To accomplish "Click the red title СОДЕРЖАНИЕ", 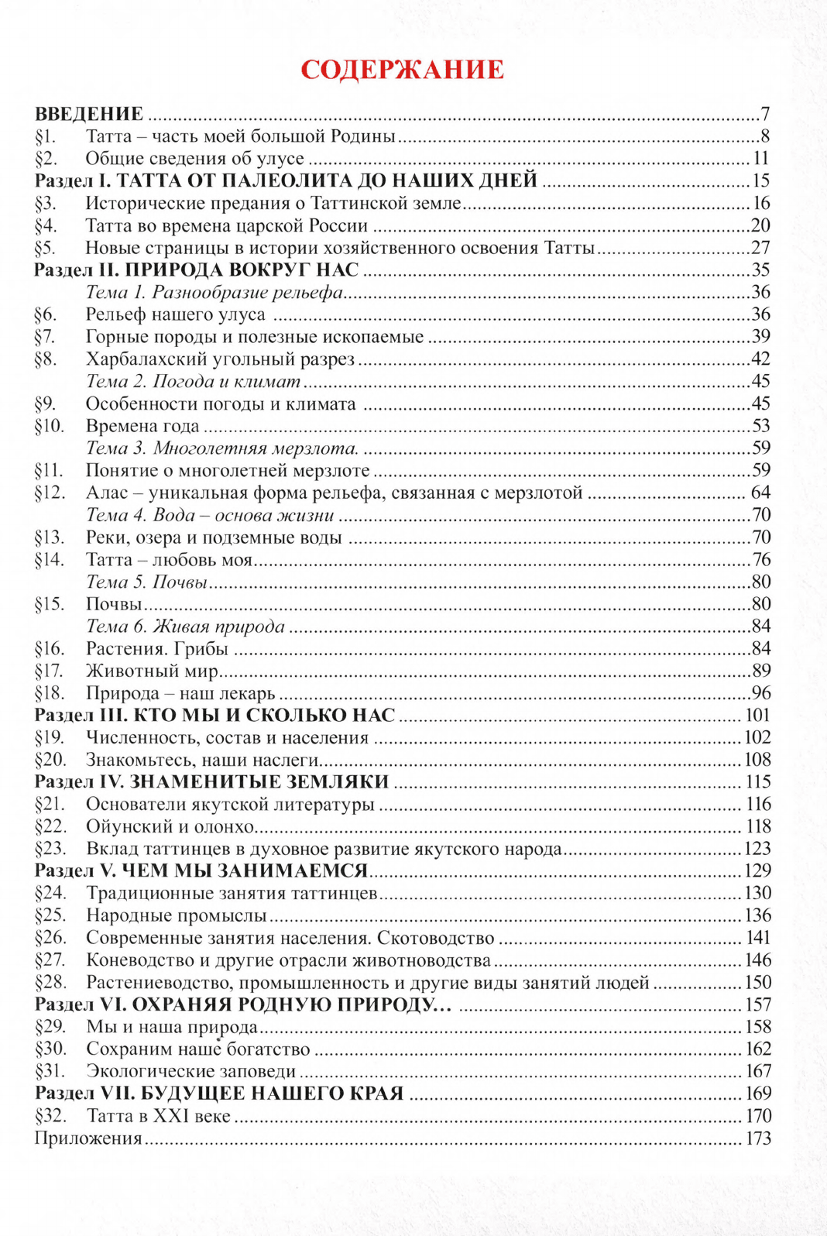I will coord(402,70).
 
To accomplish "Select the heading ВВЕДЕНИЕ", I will coord(89,114).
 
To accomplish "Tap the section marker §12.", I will coord(50,493).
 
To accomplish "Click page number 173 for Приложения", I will coord(757,1138).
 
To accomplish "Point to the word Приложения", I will coord(88,1138).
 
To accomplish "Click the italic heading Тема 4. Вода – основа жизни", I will coord(210,515).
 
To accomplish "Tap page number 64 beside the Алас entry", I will coord(760,493).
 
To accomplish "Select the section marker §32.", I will coord(50,1116).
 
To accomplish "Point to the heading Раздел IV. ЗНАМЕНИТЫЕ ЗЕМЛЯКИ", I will coord(211,781).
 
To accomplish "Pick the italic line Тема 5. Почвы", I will coord(146,582).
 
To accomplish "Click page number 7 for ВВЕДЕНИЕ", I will coord(765,114).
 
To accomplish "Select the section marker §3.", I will coord(46,203).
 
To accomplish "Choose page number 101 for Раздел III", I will coord(757,715).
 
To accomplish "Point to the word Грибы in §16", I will coord(201,648).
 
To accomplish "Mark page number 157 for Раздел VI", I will coord(757,1004).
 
